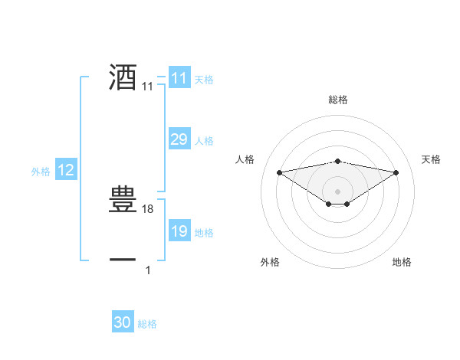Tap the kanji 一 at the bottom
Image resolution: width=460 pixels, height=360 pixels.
123,260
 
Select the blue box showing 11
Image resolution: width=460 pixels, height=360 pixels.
179,78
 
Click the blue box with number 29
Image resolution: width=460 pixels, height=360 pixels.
179,139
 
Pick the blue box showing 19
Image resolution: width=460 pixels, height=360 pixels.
179,231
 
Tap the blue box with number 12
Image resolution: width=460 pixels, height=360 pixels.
66,171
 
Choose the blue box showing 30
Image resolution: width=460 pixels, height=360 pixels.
123,322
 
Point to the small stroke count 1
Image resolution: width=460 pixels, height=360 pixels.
148,270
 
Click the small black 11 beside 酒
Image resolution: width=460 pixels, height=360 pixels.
148,87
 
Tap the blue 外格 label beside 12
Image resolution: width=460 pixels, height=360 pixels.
41,172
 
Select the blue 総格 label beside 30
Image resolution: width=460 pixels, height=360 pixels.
147,325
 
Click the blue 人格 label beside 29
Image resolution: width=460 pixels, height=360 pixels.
204,141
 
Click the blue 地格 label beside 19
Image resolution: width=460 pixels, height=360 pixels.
204,233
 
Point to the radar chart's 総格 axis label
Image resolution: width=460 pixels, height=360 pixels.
337,100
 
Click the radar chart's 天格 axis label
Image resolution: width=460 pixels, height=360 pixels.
431,159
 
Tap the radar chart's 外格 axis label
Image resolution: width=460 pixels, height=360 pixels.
270,263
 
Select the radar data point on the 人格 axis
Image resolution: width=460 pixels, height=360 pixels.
279,172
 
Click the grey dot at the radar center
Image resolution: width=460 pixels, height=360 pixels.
337,191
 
